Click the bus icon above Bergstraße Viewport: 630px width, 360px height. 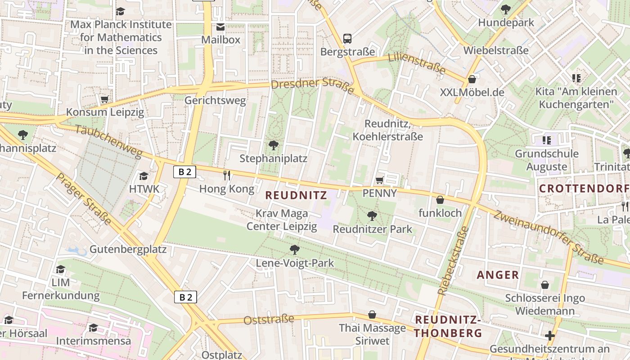point(347,39)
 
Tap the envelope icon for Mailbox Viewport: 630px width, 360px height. point(220,27)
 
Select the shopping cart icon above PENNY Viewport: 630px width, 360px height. point(379,180)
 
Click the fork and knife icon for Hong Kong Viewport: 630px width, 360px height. point(227,175)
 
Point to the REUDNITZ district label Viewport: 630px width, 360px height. point(296,195)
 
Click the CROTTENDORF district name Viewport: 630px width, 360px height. point(584,188)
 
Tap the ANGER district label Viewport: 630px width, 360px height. point(498,274)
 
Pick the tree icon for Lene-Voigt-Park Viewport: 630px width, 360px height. point(295,249)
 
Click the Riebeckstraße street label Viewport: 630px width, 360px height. point(453,261)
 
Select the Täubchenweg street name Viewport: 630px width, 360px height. point(108,141)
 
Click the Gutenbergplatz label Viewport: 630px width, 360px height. point(128,249)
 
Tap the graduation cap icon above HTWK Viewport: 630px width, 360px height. point(144,176)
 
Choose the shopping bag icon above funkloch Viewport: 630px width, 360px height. point(440,200)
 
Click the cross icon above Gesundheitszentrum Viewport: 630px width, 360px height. point(549,336)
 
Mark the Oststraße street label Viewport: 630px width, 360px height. point(269,319)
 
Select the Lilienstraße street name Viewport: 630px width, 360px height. point(417,63)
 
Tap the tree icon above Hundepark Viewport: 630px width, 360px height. point(506,9)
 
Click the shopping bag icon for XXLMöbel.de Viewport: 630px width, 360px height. point(472,80)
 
